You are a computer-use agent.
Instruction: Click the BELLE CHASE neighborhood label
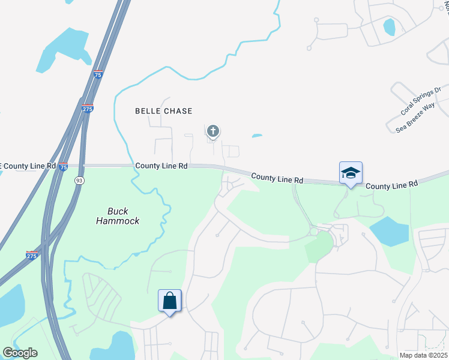(x=164, y=111)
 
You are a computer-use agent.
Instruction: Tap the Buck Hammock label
(x=118, y=216)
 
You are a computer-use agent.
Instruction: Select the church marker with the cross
(x=212, y=131)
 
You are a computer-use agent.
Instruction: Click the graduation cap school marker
(x=351, y=173)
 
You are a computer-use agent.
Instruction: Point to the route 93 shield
(x=79, y=180)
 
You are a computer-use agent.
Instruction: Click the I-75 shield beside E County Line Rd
(x=64, y=167)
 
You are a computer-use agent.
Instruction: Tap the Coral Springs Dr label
(x=421, y=101)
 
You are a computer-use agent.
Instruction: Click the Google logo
(x=20, y=353)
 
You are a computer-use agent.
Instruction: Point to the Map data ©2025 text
(x=423, y=355)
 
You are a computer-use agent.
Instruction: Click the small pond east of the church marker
(x=257, y=136)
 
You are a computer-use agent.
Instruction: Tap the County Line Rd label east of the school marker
(x=391, y=186)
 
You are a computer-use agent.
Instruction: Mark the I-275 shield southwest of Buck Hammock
(x=33, y=255)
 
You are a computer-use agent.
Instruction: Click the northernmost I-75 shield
(x=98, y=74)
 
